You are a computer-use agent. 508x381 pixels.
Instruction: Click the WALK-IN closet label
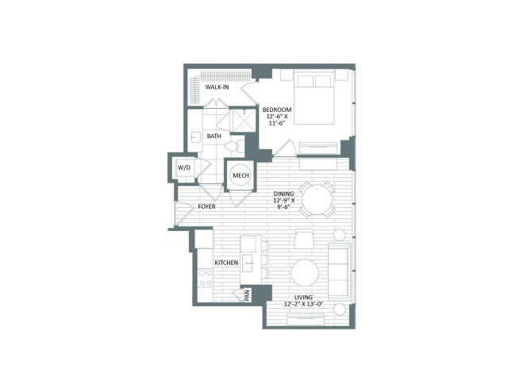[x=217, y=87]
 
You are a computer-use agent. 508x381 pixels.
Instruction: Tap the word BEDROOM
[x=277, y=110]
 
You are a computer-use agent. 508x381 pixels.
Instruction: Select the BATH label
[x=214, y=136]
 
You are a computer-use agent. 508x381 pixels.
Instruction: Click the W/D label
[x=183, y=167]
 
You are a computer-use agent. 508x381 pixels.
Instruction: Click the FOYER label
[x=206, y=206]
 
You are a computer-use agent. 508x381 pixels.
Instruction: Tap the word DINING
[x=284, y=194]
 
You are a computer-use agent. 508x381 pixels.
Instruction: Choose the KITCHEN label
[x=226, y=263]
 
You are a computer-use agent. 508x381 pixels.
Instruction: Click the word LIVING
[x=303, y=298]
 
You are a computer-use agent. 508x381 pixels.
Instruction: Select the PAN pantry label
[x=247, y=295]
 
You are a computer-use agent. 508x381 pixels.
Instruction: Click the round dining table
[x=317, y=199]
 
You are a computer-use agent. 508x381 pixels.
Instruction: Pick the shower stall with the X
[x=244, y=121]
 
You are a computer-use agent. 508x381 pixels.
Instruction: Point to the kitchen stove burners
[x=205, y=278]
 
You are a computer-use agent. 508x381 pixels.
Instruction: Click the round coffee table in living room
[x=305, y=272]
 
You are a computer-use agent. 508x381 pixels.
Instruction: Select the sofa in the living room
[x=339, y=271]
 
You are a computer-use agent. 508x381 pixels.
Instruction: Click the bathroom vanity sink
[x=195, y=137]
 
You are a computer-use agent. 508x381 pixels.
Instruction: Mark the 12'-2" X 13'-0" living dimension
[x=303, y=304]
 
